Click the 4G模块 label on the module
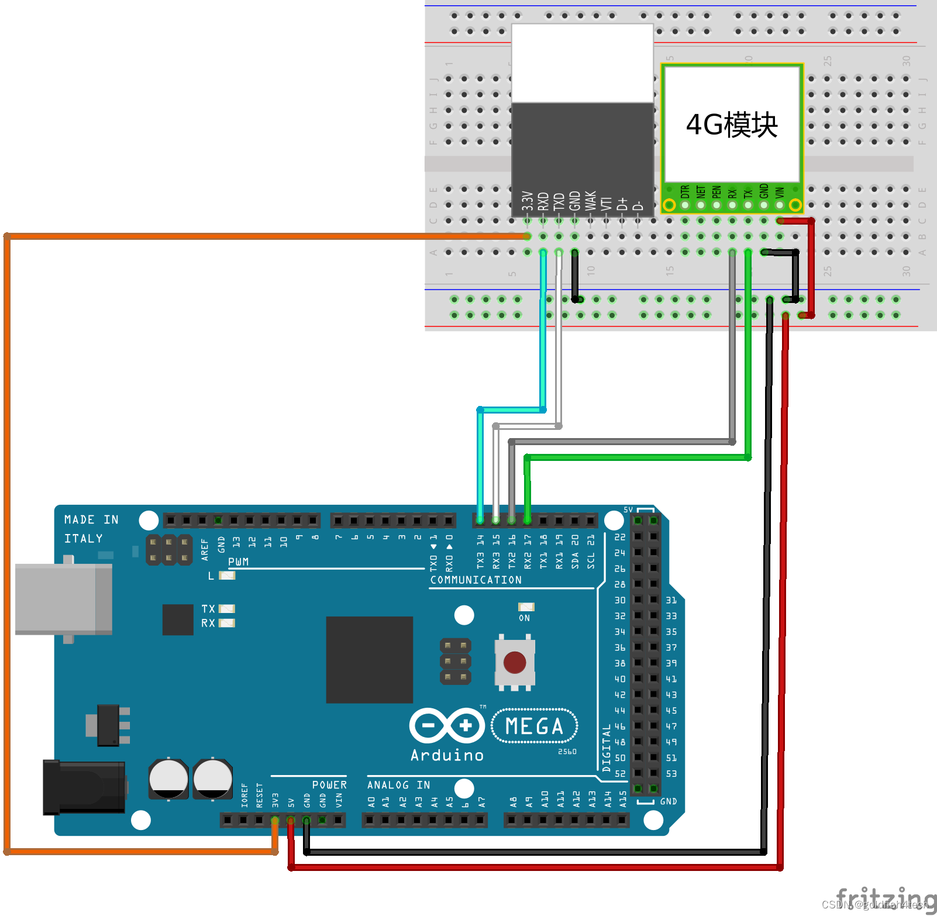(731, 125)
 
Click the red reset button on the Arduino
(514, 663)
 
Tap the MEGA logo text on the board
(534, 726)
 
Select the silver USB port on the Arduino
(63, 599)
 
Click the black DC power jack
(84, 787)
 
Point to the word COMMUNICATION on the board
(476, 580)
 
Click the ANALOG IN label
(398, 785)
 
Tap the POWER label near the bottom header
(329, 785)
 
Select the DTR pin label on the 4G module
(685, 192)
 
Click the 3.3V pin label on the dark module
(528, 201)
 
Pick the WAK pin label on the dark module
(591, 201)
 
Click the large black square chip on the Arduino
(369, 659)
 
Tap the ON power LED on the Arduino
(526, 607)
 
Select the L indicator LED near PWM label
(226, 576)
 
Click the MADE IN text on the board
(91, 519)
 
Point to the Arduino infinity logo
(447, 726)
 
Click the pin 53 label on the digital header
(671, 773)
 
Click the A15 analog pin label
(623, 798)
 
